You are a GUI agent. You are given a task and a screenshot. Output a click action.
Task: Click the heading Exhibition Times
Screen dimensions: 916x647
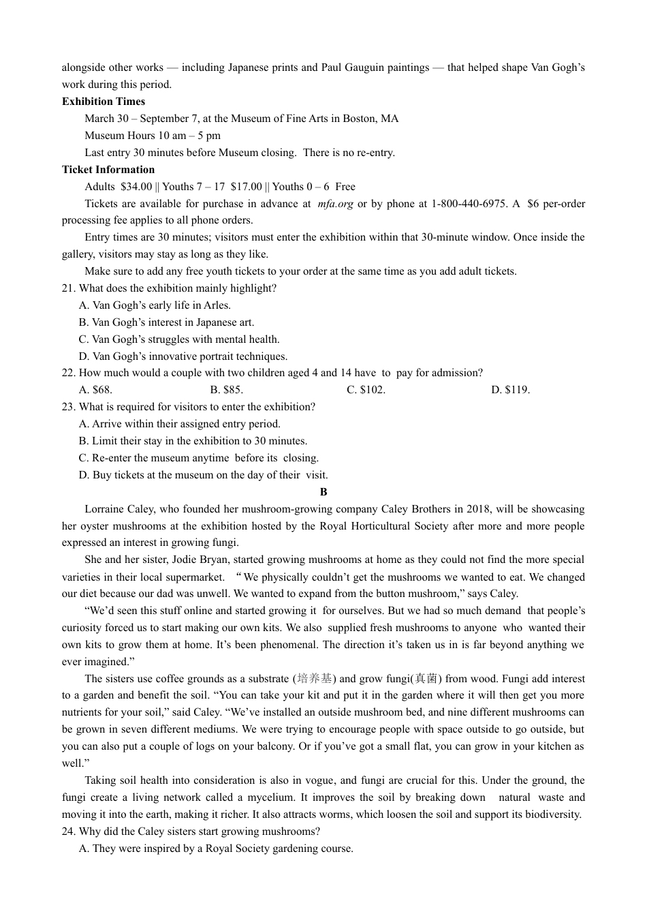tap(103, 102)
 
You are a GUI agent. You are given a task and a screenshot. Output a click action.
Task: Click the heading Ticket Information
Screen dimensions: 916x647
tap(108, 170)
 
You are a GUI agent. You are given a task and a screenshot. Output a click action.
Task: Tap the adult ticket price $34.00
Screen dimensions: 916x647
tap(136, 187)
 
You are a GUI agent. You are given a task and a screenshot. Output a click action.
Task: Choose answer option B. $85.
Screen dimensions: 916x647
tap(226, 390)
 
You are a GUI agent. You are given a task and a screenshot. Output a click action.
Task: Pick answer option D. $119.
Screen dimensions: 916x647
tap(510, 390)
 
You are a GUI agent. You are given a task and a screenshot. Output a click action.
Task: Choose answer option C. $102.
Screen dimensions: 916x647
tap(366, 390)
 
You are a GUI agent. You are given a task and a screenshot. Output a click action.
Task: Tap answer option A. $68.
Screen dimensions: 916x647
tap(95, 390)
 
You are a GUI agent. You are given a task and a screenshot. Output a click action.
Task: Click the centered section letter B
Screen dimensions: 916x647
tap(323, 492)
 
